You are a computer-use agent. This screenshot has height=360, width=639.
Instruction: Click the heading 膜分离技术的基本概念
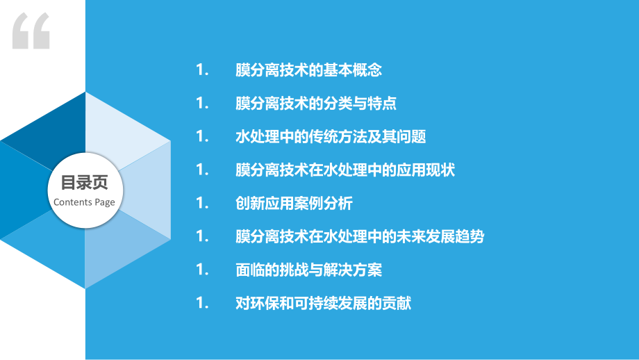pyautogui.click(x=309, y=70)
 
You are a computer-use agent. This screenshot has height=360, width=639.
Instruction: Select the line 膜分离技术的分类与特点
pyautogui.click(x=316, y=104)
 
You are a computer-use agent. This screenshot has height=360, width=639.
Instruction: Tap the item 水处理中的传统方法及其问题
pyautogui.click(x=331, y=137)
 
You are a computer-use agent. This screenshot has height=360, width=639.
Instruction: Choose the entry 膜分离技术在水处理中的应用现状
pyautogui.click(x=345, y=170)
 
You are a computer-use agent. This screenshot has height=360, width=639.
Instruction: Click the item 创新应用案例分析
pyautogui.click(x=294, y=204)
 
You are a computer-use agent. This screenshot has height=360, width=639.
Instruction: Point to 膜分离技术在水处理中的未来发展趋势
pyautogui.click(x=360, y=237)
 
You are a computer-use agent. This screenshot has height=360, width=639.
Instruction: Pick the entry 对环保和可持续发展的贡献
pyautogui.click(x=324, y=304)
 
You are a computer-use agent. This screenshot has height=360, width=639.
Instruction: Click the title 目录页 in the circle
pyautogui.click(x=85, y=183)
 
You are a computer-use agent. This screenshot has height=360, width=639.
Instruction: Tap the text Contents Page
pyautogui.click(x=85, y=202)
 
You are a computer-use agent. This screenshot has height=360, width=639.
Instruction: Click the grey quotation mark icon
pyautogui.click(x=32, y=31)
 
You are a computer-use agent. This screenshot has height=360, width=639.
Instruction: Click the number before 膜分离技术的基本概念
pyautogui.click(x=203, y=70)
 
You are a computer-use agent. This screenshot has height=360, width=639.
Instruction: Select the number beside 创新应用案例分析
pyautogui.click(x=203, y=204)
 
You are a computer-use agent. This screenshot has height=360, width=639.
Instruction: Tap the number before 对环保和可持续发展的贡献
pyautogui.click(x=203, y=304)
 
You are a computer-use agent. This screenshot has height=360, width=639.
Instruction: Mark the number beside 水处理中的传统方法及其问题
pyautogui.click(x=203, y=137)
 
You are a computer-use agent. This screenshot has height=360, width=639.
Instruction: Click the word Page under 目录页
pyautogui.click(x=106, y=202)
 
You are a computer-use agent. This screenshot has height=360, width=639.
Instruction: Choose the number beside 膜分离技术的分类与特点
pyautogui.click(x=203, y=104)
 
